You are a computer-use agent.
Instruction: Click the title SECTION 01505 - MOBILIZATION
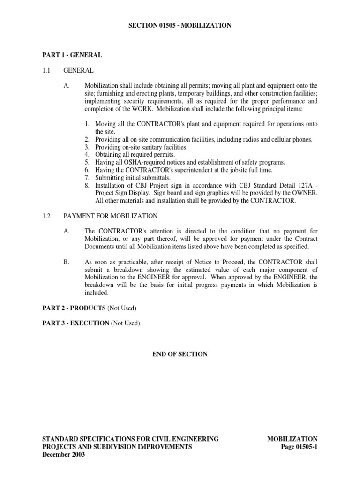click(180, 25)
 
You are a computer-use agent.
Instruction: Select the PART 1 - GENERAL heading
click(72, 55)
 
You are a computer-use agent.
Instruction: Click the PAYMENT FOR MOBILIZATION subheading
click(111, 216)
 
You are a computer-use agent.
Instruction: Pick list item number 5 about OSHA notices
click(185, 162)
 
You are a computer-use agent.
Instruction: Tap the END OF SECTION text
click(180, 354)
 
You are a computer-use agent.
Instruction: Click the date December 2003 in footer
click(63, 455)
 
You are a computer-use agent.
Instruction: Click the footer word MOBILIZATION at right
click(292, 439)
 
